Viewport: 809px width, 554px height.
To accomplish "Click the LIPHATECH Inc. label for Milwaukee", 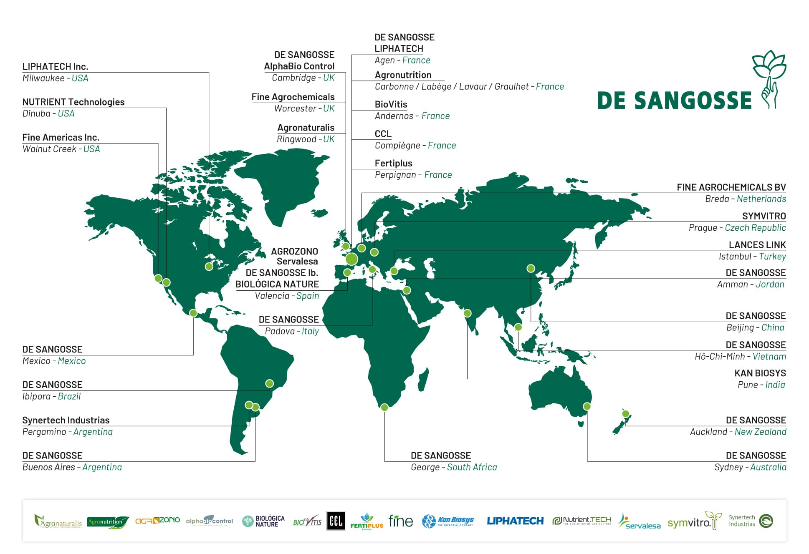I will pyautogui.click(x=55, y=67).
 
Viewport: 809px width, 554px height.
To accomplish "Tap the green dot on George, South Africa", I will pyautogui.click(x=384, y=407).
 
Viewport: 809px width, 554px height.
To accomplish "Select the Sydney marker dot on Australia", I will pyautogui.click(x=587, y=406).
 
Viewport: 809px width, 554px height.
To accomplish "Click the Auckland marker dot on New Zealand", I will pyautogui.click(x=625, y=414).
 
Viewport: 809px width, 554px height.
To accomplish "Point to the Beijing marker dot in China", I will pyautogui.click(x=531, y=268).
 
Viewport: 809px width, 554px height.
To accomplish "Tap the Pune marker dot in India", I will pyautogui.click(x=468, y=313).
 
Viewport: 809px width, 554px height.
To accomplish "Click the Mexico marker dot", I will pyautogui.click(x=193, y=313).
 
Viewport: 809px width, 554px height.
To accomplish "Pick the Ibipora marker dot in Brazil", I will pyautogui.click(x=270, y=383).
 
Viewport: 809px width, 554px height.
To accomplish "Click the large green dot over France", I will pyautogui.click(x=351, y=259).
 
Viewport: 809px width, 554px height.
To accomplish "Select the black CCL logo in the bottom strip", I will pyautogui.click(x=336, y=521).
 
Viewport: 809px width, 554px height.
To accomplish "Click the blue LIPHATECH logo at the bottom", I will pyautogui.click(x=515, y=521).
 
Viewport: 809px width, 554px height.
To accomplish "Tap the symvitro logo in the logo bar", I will pyautogui.click(x=694, y=521).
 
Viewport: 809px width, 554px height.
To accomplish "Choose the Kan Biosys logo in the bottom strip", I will pyautogui.click(x=448, y=521).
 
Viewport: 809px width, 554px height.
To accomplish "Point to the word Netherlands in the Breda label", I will pyautogui.click(x=761, y=199).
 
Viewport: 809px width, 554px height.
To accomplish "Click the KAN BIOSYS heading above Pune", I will pyautogui.click(x=760, y=373).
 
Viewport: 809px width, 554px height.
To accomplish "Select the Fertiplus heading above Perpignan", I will pyautogui.click(x=393, y=163).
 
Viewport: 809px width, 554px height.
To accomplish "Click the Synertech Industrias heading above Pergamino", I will pyautogui.click(x=66, y=420).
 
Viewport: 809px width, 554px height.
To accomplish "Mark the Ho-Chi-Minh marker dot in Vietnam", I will pyautogui.click(x=518, y=327).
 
